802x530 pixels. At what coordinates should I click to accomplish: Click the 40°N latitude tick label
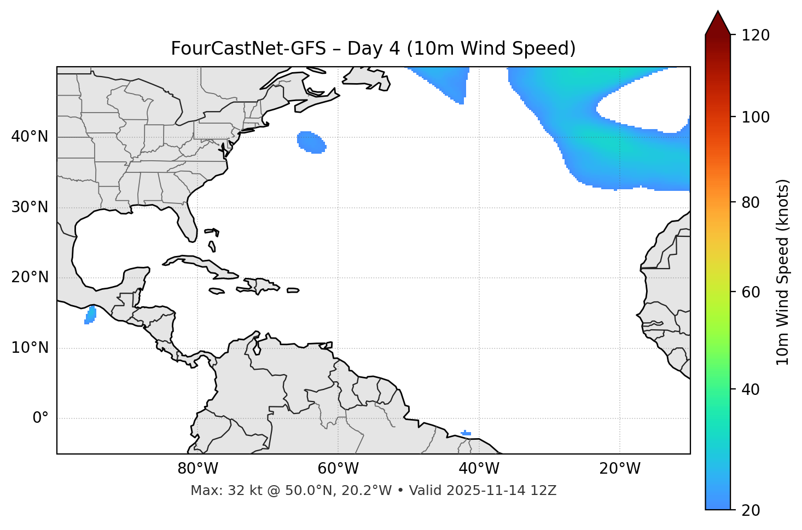pyautogui.click(x=30, y=137)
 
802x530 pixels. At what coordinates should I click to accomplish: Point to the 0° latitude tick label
pyautogui.click(x=40, y=418)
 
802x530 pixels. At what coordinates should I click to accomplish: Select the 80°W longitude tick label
pyautogui.click(x=197, y=469)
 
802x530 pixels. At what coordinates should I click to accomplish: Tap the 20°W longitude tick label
pyautogui.click(x=620, y=469)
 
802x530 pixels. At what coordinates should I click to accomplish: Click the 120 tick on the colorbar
pyautogui.click(x=755, y=36)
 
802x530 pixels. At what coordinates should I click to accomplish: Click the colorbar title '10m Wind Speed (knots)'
pyautogui.click(x=783, y=272)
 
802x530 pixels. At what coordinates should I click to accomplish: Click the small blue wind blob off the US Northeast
pyautogui.click(x=311, y=142)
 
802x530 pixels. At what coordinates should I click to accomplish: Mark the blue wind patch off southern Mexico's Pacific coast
pyautogui.click(x=90, y=315)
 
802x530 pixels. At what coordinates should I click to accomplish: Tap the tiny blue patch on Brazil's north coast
pyautogui.click(x=466, y=433)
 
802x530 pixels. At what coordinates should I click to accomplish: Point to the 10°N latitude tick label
pyautogui.click(x=30, y=348)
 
